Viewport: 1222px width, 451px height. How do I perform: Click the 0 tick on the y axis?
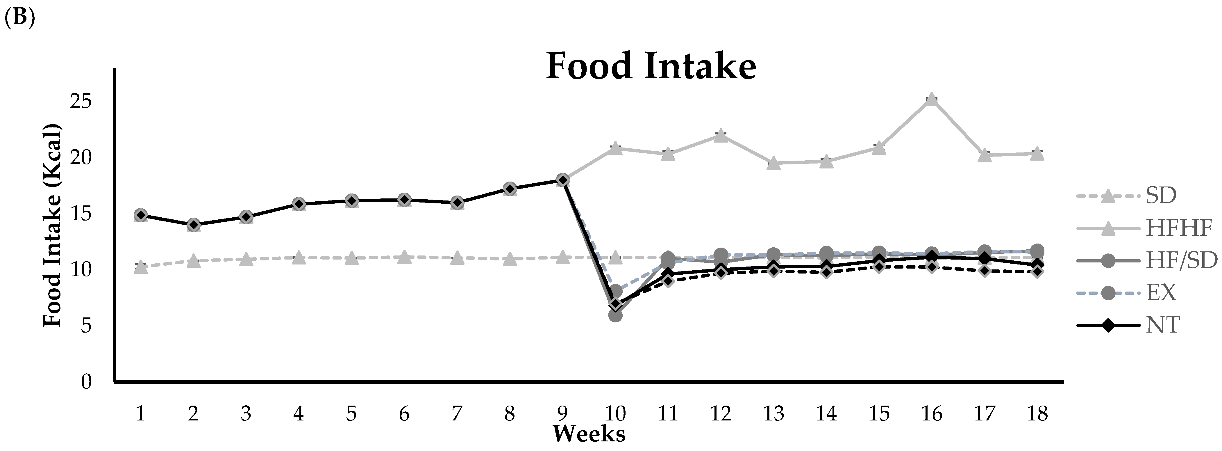click(86, 381)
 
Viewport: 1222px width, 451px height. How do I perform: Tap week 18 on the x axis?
click(1037, 414)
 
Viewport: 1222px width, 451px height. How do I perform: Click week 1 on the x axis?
click(140, 414)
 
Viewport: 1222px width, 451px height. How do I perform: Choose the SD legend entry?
click(1161, 195)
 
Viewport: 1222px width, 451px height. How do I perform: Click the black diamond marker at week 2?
click(193, 225)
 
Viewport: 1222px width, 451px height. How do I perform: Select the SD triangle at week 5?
click(351, 259)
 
